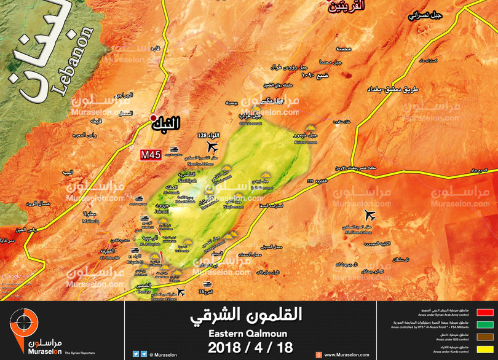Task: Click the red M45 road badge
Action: tap(151, 155)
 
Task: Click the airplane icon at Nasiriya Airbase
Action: tap(213, 147)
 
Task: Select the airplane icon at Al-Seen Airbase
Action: tap(369, 215)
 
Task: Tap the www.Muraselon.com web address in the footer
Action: tap(347, 354)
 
